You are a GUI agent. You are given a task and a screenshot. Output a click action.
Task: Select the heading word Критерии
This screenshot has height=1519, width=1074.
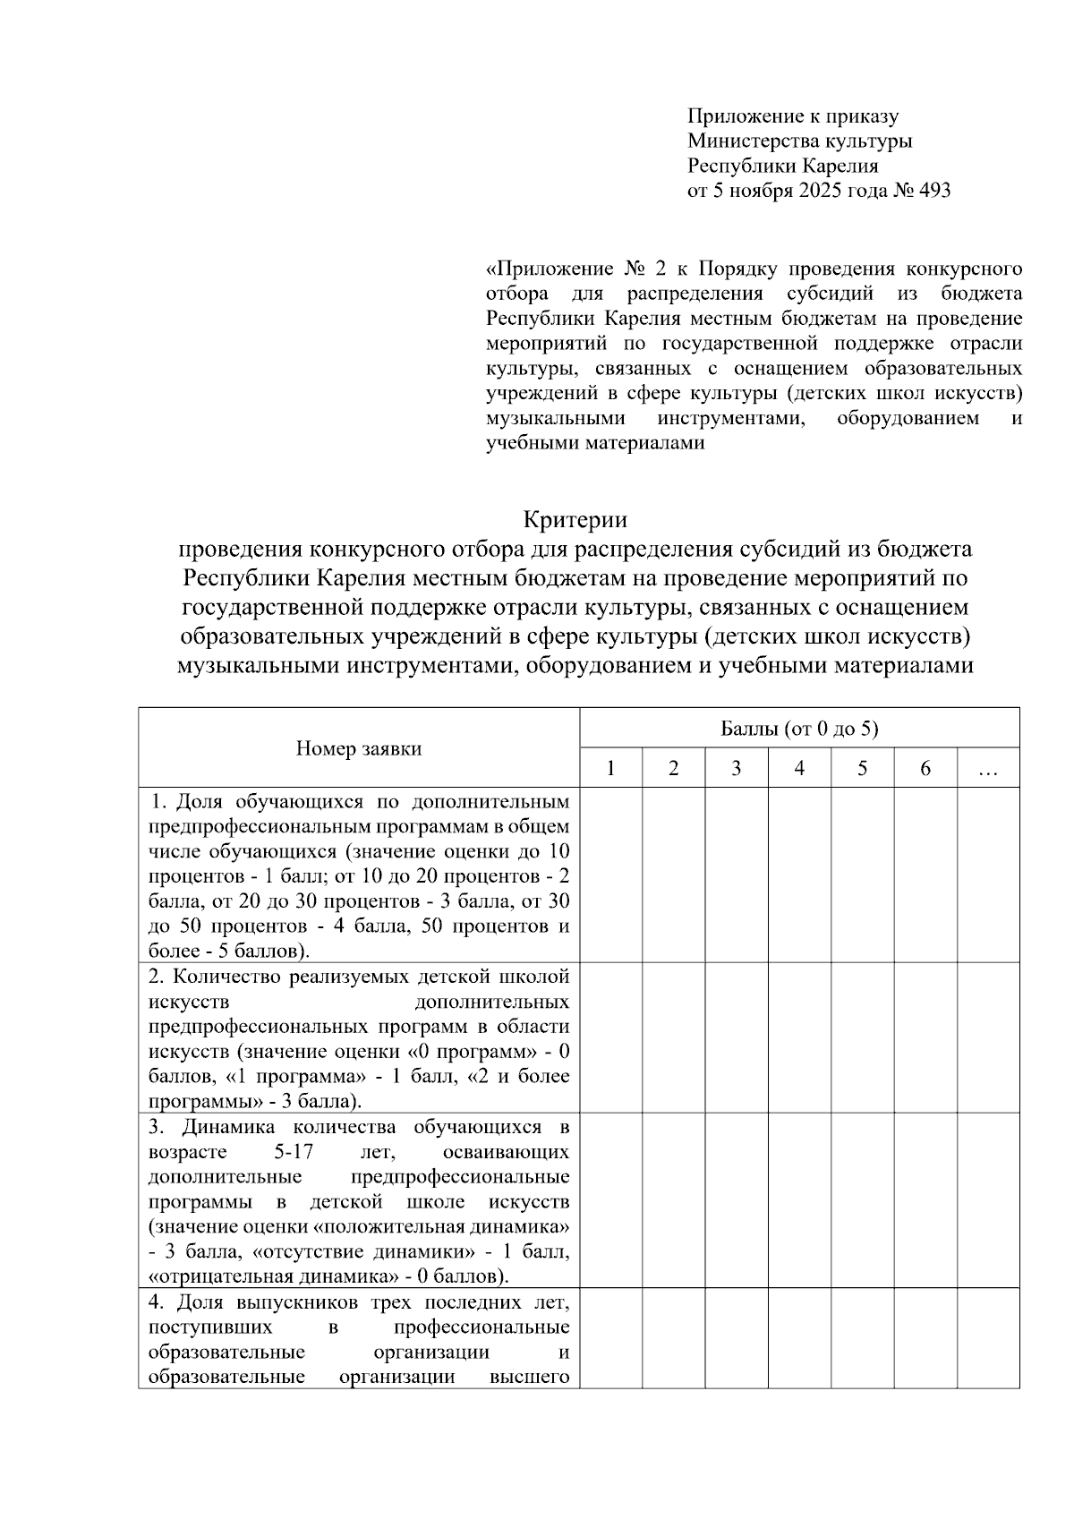tap(575, 519)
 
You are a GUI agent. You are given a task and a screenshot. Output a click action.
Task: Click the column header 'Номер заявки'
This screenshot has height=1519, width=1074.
tap(359, 748)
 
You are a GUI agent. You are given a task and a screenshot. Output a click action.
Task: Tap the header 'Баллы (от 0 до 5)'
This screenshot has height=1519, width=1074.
tap(799, 729)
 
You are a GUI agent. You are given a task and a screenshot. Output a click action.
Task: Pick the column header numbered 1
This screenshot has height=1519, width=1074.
tap(610, 768)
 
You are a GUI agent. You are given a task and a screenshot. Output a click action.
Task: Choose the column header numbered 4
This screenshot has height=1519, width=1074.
tap(799, 768)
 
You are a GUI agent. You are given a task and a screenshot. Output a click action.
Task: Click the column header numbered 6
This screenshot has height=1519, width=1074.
tap(925, 768)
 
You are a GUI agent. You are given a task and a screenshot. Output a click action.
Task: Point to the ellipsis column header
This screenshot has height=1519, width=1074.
tap(988, 768)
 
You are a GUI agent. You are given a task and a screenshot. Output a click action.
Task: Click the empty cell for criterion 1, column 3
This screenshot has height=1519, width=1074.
tap(736, 875)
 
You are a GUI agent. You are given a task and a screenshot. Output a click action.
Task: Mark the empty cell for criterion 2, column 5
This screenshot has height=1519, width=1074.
tap(862, 1037)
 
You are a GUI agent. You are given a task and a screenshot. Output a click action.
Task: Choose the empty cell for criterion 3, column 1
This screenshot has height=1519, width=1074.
tap(610, 1199)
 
